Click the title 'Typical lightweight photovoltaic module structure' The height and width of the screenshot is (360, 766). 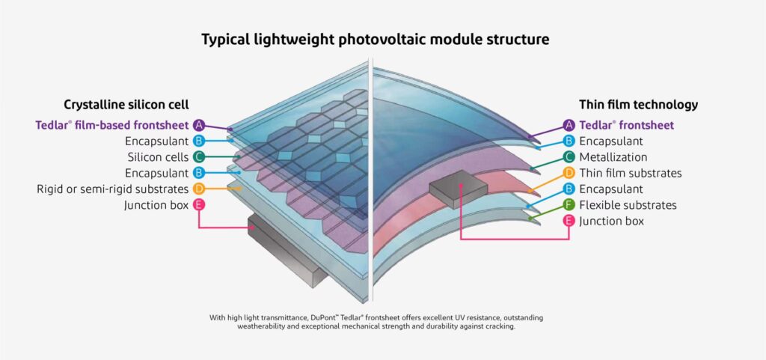pyautogui.click(x=375, y=39)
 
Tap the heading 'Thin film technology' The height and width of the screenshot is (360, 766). pyautogui.click(x=638, y=105)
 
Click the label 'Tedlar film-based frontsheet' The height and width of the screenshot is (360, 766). pyautogui.click(x=112, y=125)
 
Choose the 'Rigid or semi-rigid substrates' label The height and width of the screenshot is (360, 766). pyautogui.click(x=112, y=189)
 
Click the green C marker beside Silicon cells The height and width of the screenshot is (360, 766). pyautogui.click(x=198, y=157)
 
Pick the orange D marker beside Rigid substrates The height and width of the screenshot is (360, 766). pyautogui.click(x=198, y=189)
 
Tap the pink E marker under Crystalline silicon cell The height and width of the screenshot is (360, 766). pyautogui.click(x=198, y=204)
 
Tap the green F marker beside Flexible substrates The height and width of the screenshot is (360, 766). pyautogui.click(x=569, y=205)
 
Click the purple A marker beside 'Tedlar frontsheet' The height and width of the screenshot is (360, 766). pyautogui.click(x=569, y=125)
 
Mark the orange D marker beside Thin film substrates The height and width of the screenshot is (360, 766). pyautogui.click(x=569, y=173)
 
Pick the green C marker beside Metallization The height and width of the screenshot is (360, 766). pyautogui.click(x=569, y=157)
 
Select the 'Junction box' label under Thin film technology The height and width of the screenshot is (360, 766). pyautogui.click(x=612, y=221)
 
